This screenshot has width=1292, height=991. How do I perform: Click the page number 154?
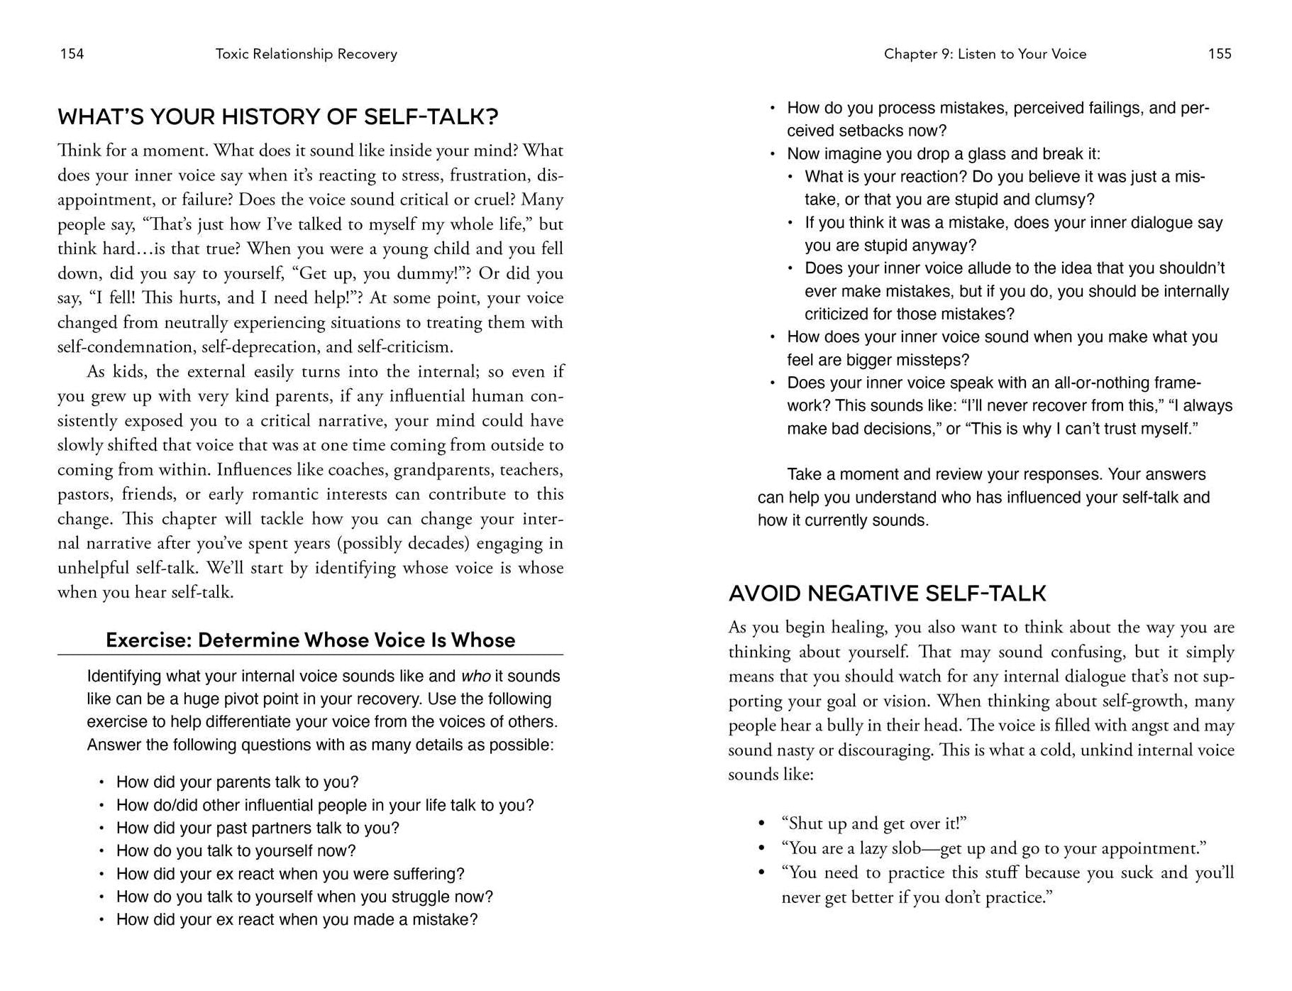(x=72, y=54)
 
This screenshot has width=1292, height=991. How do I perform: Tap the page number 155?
(x=1220, y=54)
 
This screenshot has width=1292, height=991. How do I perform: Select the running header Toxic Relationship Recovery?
(x=306, y=54)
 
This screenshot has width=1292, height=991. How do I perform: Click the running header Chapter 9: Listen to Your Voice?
(x=985, y=54)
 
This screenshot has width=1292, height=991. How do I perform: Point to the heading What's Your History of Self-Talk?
(x=277, y=116)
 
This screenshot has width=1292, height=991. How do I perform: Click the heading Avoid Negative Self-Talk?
(x=887, y=593)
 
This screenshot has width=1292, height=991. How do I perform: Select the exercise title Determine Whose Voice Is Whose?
(x=310, y=640)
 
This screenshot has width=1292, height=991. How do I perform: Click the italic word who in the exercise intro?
(x=475, y=677)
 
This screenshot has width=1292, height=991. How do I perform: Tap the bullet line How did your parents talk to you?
(x=237, y=782)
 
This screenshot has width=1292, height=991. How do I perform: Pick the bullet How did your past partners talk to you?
(x=258, y=828)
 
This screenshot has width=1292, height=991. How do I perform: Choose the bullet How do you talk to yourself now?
(x=236, y=851)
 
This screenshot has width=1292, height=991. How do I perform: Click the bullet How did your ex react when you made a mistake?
(x=297, y=920)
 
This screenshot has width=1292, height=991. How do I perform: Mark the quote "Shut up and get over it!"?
(x=874, y=823)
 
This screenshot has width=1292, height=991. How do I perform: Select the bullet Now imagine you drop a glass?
(x=944, y=154)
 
